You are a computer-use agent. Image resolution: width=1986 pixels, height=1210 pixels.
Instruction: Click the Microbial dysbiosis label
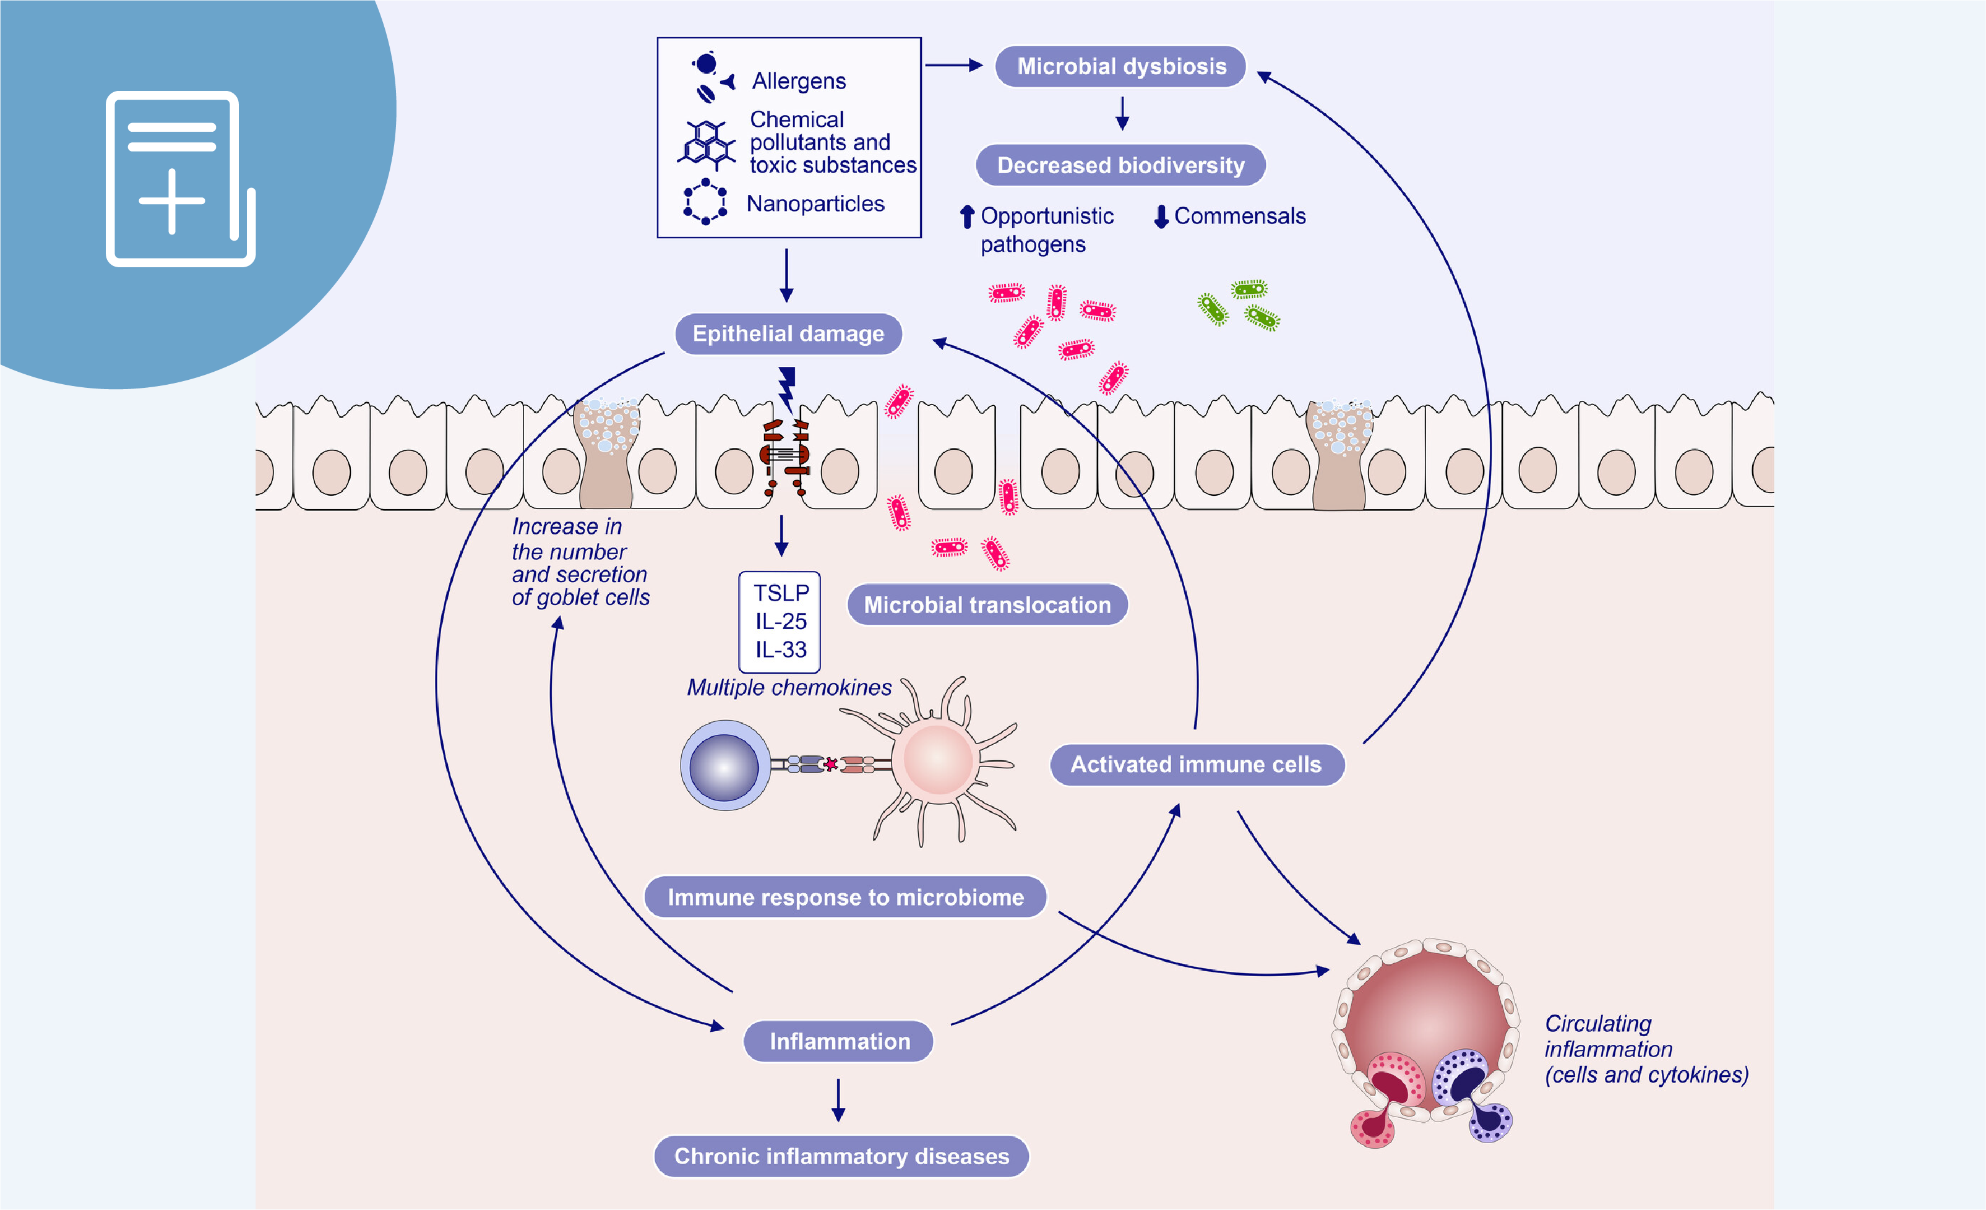(x=1120, y=66)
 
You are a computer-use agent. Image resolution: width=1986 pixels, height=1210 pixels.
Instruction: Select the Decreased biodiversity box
(x=1120, y=165)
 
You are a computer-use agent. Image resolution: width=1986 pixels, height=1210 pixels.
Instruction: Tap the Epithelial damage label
(x=788, y=333)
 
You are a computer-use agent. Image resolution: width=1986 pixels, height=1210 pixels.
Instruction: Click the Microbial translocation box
(x=987, y=604)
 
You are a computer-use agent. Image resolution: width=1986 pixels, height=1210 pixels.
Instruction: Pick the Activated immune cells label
(x=1196, y=764)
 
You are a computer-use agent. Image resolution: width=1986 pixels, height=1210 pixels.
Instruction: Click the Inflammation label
(x=839, y=1042)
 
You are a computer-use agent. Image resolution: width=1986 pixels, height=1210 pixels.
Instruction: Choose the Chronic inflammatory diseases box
(x=841, y=1156)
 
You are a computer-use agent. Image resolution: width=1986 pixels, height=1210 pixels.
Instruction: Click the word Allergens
(x=799, y=82)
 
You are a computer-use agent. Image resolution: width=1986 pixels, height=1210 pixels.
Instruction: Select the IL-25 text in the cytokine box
(x=780, y=622)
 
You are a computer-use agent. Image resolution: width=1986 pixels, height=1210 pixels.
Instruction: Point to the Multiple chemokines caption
(x=789, y=688)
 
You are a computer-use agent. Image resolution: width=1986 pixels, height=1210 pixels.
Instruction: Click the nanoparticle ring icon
(x=705, y=202)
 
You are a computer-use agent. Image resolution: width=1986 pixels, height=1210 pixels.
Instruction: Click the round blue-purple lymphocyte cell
(x=724, y=766)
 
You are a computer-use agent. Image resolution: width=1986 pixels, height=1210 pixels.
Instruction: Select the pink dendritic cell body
(x=937, y=760)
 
